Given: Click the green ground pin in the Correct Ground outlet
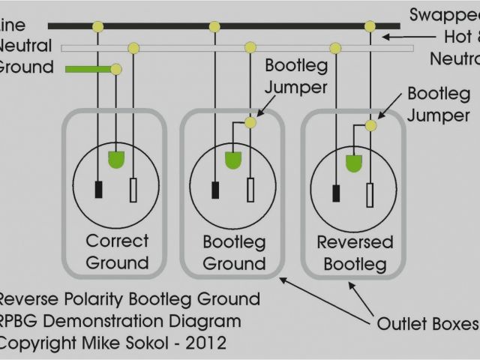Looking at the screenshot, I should point(116,160).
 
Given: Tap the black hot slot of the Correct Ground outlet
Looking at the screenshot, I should point(98,190).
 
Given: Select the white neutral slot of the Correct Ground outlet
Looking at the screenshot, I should point(133,190).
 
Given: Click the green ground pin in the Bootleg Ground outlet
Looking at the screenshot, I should point(233,160).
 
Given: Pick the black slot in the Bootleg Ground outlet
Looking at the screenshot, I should point(215,190).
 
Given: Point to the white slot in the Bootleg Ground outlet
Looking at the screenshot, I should point(250,190).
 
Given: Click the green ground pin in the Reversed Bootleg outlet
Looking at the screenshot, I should point(352,163).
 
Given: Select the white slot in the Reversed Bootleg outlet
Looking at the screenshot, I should point(369,194).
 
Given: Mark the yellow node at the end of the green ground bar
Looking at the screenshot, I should point(116,70).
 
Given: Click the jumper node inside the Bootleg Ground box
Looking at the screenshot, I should point(250,122).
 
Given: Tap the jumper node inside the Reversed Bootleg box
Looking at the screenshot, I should point(370,125).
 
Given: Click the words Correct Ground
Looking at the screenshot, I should point(117,252).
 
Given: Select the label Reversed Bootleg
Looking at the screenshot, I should point(355,253).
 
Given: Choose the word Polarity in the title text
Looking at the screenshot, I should point(96,299).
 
